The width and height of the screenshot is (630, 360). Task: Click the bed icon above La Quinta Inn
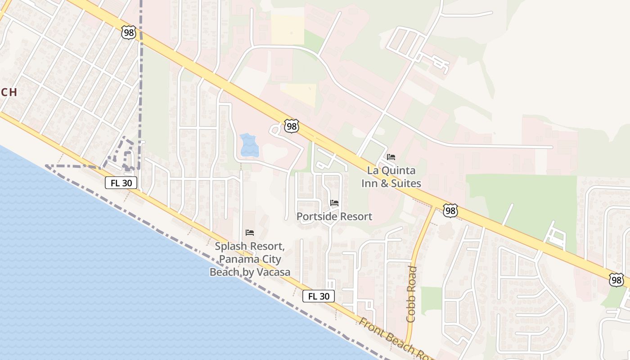coord(391,157)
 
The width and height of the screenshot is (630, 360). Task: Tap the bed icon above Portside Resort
coord(334,203)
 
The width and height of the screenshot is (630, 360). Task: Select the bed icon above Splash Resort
coord(250,233)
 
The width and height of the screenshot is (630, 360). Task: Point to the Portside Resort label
coord(334,216)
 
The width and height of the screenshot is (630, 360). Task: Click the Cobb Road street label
coord(411,294)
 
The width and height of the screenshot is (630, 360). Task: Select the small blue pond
coord(249,145)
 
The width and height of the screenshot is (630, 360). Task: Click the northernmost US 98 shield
coord(128,32)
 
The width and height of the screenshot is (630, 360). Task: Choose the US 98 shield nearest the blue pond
coord(292,126)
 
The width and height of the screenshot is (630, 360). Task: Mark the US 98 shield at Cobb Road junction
coord(450,210)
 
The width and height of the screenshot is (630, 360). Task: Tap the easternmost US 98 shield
coord(616,280)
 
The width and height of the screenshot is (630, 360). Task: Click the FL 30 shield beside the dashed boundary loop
coord(121,183)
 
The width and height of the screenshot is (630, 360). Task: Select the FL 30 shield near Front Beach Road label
coord(319,296)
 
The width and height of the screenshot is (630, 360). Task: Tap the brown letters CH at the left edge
coord(9,92)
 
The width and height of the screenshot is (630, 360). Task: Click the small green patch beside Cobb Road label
coord(431,301)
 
